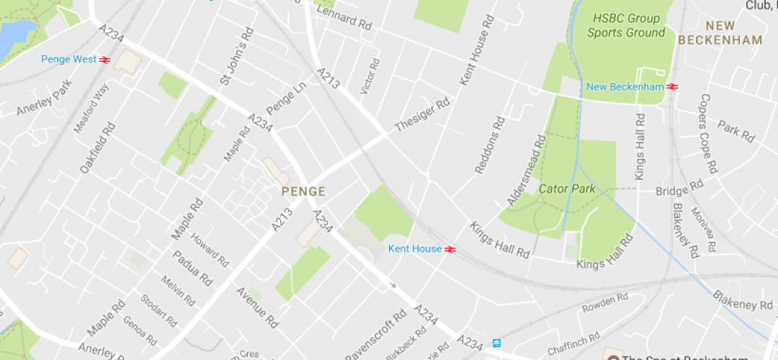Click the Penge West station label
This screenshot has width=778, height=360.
(68, 60)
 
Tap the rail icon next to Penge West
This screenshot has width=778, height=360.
(104, 60)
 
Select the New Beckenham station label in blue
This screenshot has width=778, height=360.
(625, 87)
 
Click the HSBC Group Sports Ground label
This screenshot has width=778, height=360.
(625, 25)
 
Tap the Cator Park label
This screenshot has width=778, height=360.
(567, 189)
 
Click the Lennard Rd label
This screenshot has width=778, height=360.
(344, 18)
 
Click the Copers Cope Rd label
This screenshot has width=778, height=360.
(708, 134)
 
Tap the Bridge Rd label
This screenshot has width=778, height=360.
(679, 189)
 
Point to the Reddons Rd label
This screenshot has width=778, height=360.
(487, 145)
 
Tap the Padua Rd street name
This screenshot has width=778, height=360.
(192, 268)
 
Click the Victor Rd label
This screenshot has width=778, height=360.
(369, 76)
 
